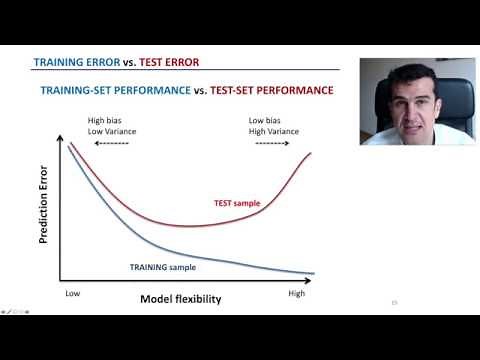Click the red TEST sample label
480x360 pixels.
pos(237,203)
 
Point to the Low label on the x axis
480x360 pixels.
pos(72,294)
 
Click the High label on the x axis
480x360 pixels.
pos(296,294)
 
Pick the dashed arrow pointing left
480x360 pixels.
pos(111,144)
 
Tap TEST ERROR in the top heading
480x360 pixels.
pos(168,62)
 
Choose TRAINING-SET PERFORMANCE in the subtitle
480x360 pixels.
pos(112,90)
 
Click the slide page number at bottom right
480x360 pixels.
pos(394,303)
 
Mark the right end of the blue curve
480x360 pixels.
pos(314,273)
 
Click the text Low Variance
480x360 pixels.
pos(111,131)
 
